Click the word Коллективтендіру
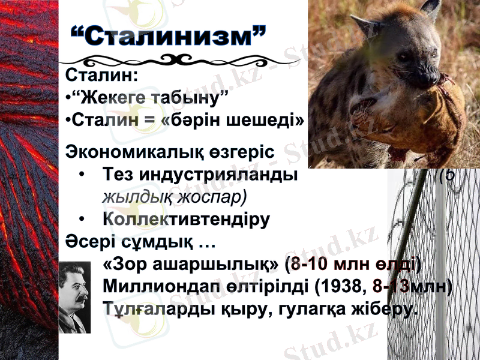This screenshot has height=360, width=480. coord(186,219)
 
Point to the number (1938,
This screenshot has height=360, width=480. coord(340,287)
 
